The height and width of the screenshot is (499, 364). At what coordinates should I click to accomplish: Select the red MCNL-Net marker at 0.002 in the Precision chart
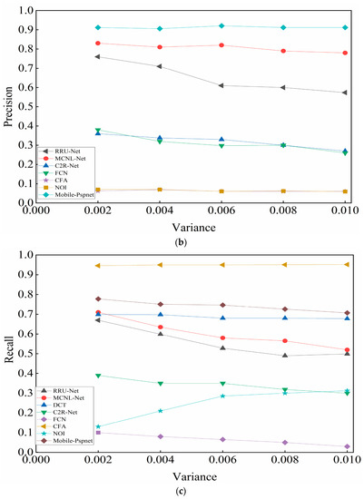(98, 43)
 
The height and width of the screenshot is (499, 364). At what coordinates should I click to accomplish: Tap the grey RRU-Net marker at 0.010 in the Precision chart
(345, 93)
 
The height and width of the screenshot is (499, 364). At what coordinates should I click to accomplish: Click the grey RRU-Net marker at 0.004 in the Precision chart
(160, 66)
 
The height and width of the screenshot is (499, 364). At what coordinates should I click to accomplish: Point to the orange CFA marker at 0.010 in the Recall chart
(345, 264)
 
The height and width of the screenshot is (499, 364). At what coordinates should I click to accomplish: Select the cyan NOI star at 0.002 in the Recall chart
(98, 426)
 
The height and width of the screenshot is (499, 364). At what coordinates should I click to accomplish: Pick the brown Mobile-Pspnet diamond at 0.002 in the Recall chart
(98, 298)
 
